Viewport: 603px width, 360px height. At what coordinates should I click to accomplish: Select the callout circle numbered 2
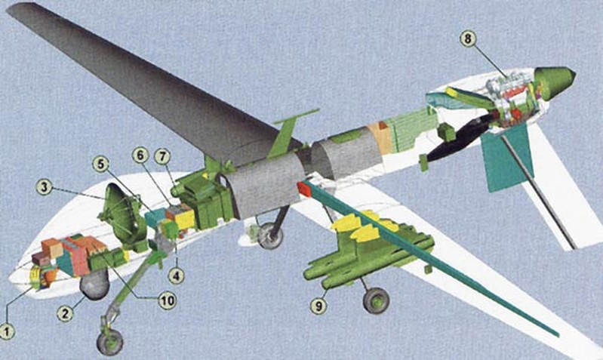pyautogui.click(x=65, y=313)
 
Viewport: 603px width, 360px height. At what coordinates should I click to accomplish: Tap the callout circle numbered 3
pyautogui.click(x=45, y=187)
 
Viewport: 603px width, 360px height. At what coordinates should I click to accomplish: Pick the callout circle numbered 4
pyautogui.click(x=176, y=275)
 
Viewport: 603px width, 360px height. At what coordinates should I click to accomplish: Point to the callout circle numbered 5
pyautogui.click(x=101, y=165)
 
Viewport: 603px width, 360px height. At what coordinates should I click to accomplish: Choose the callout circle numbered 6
pyautogui.click(x=140, y=155)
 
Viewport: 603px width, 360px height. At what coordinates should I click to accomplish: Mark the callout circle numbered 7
pyautogui.click(x=162, y=157)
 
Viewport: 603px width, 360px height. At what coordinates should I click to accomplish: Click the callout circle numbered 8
pyautogui.click(x=468, y=38)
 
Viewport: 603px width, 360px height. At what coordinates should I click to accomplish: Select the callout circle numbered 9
pyautogui.click(x=318, y=306)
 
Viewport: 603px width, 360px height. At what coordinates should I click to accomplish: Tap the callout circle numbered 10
pyautogui.click(x=168, y=300)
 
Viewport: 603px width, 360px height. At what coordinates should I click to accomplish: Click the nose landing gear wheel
pyautogui.click(x=110, y=342)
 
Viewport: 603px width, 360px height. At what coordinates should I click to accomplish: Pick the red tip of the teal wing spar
pyautogui.click(x=304, y=190)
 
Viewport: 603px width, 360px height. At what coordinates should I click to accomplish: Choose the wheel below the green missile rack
pyautogui.click(x=377, y=300)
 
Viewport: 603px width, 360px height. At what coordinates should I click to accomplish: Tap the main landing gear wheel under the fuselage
pyautogui.click(x=269, y=237)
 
